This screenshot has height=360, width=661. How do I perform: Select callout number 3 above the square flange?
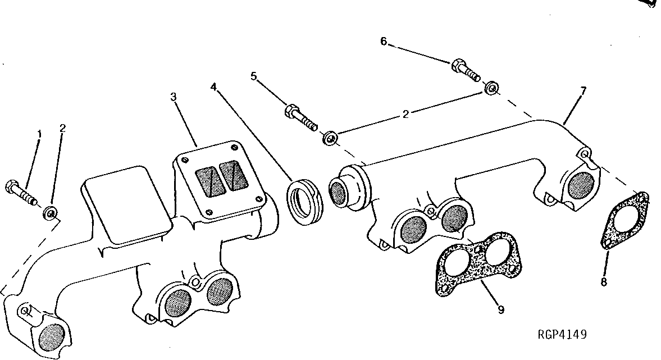[x=174, y=97]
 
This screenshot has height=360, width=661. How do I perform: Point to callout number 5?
[x=253, y=76]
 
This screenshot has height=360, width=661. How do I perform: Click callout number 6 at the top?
[x=384, y=41]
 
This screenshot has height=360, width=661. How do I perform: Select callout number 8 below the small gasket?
[x=604, y=282]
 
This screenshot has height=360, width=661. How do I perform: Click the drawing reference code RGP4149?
[x=562, y=335]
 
